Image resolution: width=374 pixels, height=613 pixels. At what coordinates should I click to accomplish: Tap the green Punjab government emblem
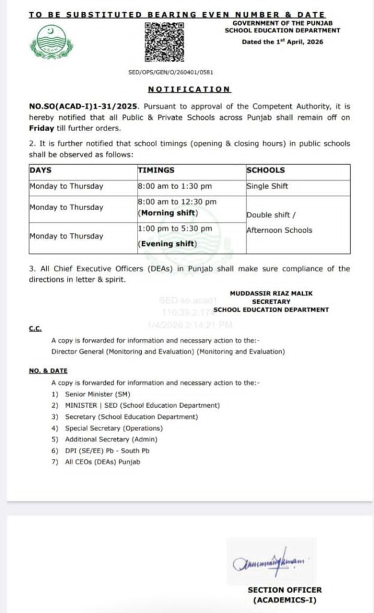tap(51, 43)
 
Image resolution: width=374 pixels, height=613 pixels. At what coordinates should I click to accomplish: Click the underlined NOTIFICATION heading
tap(189, 89)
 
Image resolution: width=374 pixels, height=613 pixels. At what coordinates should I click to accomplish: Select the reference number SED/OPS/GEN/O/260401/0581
tap(171, 72)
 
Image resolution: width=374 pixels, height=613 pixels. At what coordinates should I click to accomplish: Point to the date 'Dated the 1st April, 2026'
tap(291, 42)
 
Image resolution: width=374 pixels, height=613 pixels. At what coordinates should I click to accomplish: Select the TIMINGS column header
tap(157, 171)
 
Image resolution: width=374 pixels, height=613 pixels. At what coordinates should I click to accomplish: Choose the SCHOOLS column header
tap(266, 171)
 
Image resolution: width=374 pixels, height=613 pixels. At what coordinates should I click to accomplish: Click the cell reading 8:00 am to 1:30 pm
tap(175, 186)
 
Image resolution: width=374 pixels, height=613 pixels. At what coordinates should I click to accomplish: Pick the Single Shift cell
tap(267, 186)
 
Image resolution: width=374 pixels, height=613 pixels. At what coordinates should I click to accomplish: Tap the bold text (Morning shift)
tap(168, 213)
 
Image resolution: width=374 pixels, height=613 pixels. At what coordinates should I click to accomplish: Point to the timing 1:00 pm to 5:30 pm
tap(175, 229)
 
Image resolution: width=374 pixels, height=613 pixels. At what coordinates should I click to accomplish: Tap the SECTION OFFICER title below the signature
tap(284, 590)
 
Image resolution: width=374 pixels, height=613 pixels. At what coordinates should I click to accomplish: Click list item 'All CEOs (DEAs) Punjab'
tap(103, 462)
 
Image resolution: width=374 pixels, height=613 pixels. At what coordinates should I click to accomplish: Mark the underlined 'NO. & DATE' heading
tap(48, 371)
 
